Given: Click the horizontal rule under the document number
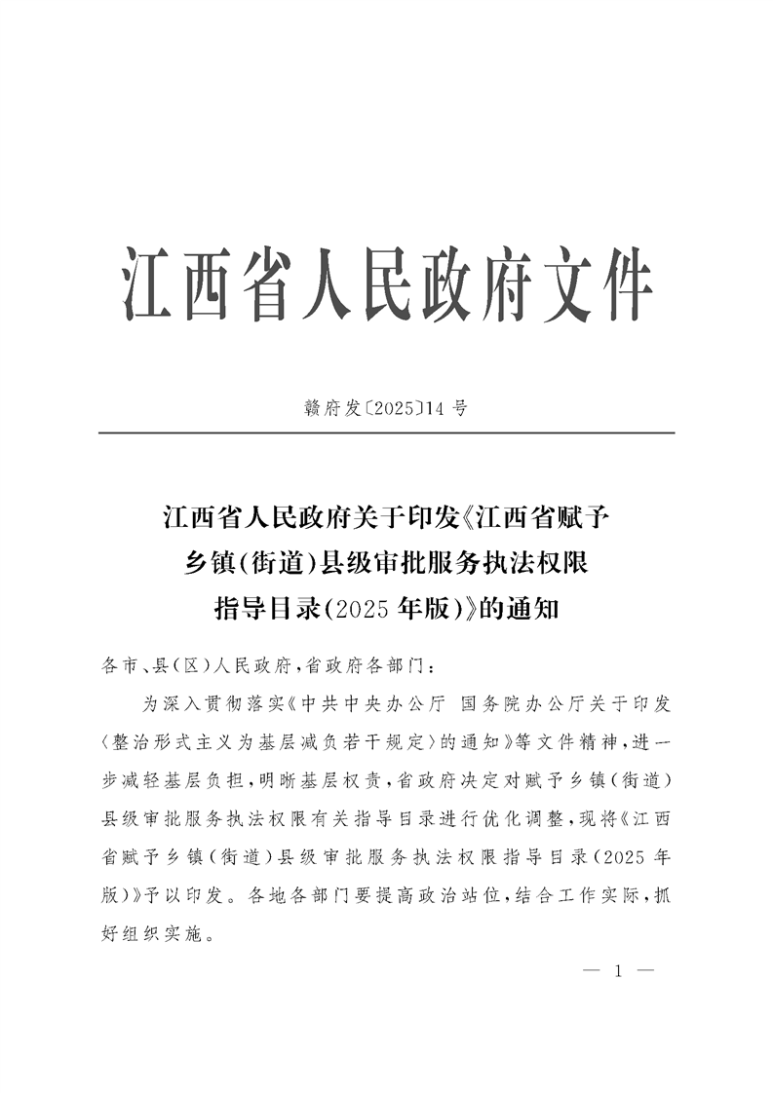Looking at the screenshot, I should coord(386,433).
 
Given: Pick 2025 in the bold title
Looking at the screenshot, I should coord(365,610).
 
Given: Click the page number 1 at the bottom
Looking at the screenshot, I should coord(618,971).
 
